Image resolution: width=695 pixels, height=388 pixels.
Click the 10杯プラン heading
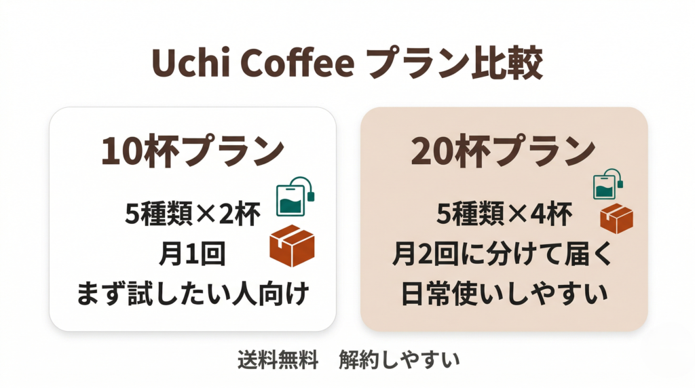(192, 151)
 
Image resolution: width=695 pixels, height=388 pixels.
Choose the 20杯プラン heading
(503, 151)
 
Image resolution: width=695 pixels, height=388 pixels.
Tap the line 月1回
(192, 255)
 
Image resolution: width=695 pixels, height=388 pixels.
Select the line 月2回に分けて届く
(503, 255)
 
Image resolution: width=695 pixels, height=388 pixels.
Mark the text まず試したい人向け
(192, 294)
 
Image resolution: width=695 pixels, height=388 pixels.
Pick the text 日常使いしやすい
(503, 294)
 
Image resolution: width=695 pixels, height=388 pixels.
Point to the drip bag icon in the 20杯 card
(608, 185)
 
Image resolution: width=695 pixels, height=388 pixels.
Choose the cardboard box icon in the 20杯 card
(616, 218)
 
